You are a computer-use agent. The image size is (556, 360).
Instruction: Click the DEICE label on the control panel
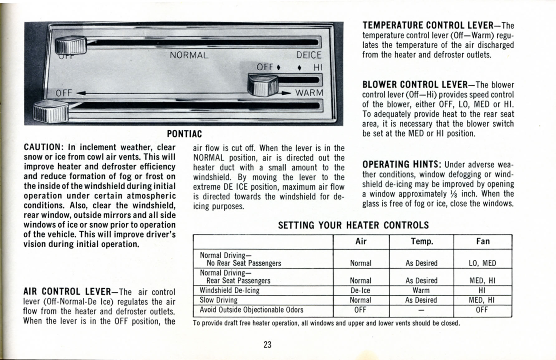[x=309, y=55]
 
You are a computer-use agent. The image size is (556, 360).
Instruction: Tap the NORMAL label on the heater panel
[x=189, y=55]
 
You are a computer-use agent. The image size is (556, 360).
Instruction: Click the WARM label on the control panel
[x=309, y=93]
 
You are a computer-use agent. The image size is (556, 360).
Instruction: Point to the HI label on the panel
[x=318, y=67]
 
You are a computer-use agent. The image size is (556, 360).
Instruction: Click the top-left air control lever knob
[x=71, y=45]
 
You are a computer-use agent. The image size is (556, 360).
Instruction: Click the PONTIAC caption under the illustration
[x=184, y=134]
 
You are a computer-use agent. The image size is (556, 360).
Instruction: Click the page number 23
[x=267, y=345]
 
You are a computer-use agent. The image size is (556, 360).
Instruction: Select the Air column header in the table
[x=361, y=241]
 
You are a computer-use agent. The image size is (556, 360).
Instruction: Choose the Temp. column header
[x=422, y=241]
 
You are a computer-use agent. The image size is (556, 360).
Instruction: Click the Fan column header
[x=483, y=241]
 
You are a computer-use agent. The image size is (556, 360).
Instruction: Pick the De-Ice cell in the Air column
[x=360, y=290]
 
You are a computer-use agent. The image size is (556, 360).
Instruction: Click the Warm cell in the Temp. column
[x=421, y=290]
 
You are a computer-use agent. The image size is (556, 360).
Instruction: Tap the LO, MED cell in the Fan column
[x=482, y=263]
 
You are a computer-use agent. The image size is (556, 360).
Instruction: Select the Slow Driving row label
[x=218, y=300]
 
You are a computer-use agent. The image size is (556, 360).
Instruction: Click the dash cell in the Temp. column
[x=421, y=310]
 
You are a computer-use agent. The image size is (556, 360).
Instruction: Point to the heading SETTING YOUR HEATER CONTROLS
[x=353, y=225]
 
